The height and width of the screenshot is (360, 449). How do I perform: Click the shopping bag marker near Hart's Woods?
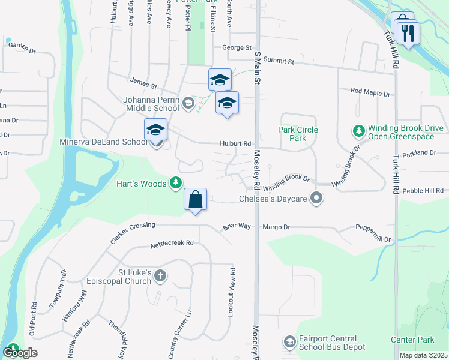pyautogui.click(x=196, y=199)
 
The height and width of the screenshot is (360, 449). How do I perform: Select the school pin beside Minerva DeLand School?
pyautogui.click(x=155, y=130)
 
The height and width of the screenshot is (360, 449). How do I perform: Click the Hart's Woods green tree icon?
pyautogui.click(x=176, y=182)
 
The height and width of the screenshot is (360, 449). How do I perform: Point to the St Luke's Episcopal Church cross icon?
pyautogui.click(x=160, y=276)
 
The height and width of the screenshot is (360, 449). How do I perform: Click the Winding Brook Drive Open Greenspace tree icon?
pyautogui.click(x=359, y=130)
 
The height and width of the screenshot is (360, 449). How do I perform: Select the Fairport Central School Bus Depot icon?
pyautogui.click(x=289, y=341)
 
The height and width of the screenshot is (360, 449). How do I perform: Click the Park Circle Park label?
pyautogui.click(x=298, y=134)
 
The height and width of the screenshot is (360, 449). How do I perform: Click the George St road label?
pyautogui.click(x=236, y=47)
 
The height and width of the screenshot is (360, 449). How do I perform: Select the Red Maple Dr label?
pyautogui.click(x=370, y=94)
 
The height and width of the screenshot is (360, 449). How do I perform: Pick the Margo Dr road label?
pyautogui.click(x=276, y=227)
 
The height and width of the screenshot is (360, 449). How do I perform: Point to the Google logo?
pyautogui.click(x=20, y=353)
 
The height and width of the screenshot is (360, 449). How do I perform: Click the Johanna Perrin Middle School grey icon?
pyautogui.click(x=188, y=103)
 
